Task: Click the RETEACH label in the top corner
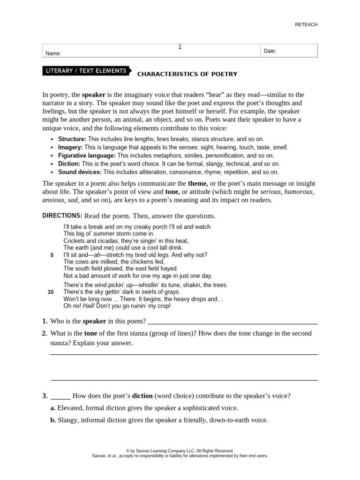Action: point(306,24)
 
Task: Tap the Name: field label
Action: point(53,53)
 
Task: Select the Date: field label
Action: point(270,51)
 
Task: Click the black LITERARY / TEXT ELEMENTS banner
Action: point(86,71)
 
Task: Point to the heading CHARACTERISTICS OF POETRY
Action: point(187,74)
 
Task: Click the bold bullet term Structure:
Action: point(72,139)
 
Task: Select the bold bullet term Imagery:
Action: point(70,147)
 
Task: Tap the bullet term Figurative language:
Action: point(87,155)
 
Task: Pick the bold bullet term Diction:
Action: point(69,164)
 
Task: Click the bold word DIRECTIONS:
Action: point(62,216)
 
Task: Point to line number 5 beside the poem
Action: point(51,255)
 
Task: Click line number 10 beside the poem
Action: point(51,292)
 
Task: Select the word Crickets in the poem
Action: point(74,240)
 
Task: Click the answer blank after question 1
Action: point(232,322)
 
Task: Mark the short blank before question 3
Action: point(60,396)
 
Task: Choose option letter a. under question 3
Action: point(53,408)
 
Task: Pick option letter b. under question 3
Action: point(53,420)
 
